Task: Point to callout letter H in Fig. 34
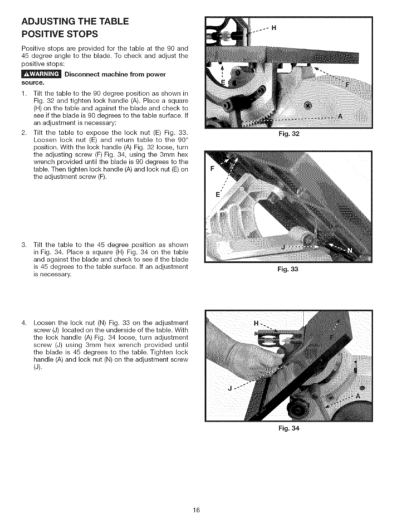click(256, 323)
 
